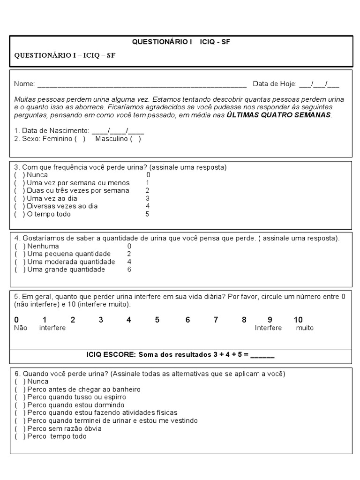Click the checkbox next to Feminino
click(x=80, y=139)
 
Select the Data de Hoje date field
click(x=319, y=84)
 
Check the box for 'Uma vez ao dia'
click(x=19, y=198)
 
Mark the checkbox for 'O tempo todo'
click(x=19, y=214)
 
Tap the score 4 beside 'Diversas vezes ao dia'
click(x=148, y=206)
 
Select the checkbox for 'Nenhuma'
click(x=19, y=246)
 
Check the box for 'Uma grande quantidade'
click(x=19, y=270)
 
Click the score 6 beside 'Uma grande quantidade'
click(x=129, y=270)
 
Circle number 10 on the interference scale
click(x=298, y=320)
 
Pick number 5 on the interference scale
click(x=157, y=320)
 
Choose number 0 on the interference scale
click(x=16, y=320)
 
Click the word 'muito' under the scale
click(x=305, y=328)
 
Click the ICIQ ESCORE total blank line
click(x=262, y=356)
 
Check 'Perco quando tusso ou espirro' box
click(x=19, y=397)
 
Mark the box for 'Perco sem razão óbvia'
click(x=19, y=428)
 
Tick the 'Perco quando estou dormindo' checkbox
click(x=19, y=405)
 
